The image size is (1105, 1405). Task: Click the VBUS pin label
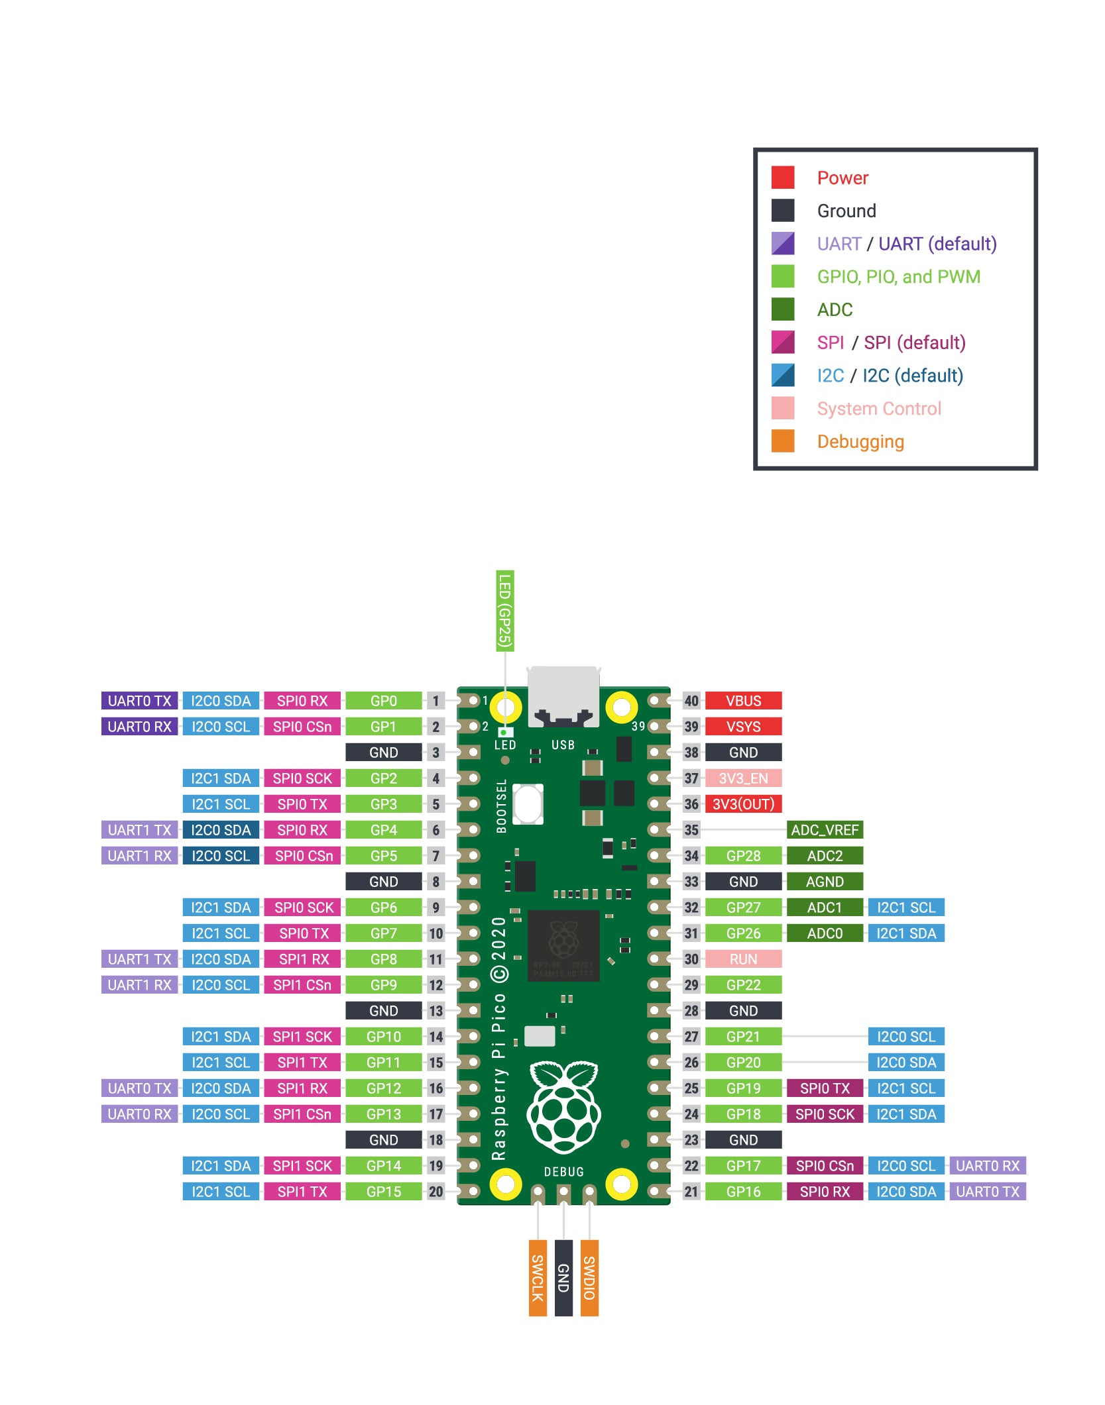pyautogui.click(x=743, y=701)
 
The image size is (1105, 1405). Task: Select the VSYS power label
pyautogui.click(x=743, y=727)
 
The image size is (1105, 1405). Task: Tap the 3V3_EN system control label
pyautogui.click(x=743, y=778)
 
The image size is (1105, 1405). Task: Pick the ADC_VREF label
pyautogui.click(x=825, y=830)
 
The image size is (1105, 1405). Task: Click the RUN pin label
pyautogui.click(x=743, y=959)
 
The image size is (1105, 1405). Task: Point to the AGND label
pyautogui.click(x=825, y=882)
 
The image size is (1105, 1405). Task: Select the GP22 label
pyautogui.click(x=743, y=985)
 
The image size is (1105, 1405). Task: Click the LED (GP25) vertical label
pyautogui.click(x=505, y=611)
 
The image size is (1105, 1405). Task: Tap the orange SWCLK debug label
pyautogui.click(x=538, y=1278)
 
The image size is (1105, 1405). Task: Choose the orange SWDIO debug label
pyautogui.click(x=589, y=1278)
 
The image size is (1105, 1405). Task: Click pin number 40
pyautogui.click(x=691, y=701)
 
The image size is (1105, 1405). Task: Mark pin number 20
pyautogui.click(x=436, y=1192)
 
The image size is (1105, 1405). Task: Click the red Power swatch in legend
pyautogui.click(x=783, y=178)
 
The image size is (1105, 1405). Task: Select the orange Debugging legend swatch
pyautogui.click(x=783, y=441)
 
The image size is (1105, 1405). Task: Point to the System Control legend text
pyautogui.click(x=879, y=409)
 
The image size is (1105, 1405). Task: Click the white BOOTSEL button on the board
pyautogui.click(x=528, y=804)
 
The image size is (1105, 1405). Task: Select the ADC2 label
pyautogui.click(x=825, y=856)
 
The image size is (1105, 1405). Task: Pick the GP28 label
pyautogui.click(x=743, y=856)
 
